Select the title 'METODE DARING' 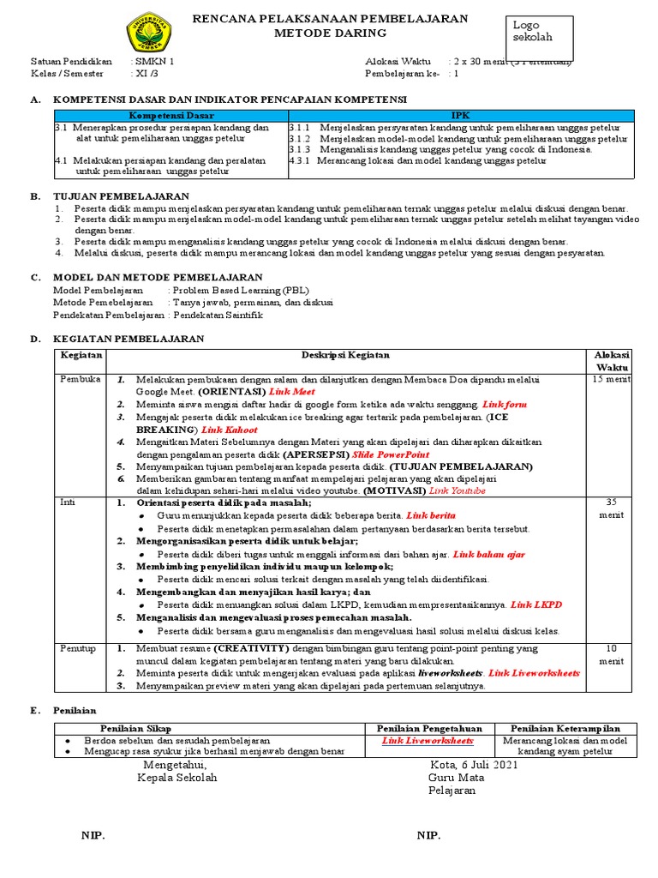330,33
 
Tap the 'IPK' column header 461,115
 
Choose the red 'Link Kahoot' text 230,430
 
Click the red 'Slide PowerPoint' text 391,454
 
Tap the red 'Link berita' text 431,516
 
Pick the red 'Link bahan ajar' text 488,554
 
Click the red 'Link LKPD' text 536,604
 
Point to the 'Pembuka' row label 81,379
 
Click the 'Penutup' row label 78,649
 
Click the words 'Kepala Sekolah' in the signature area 177,778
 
